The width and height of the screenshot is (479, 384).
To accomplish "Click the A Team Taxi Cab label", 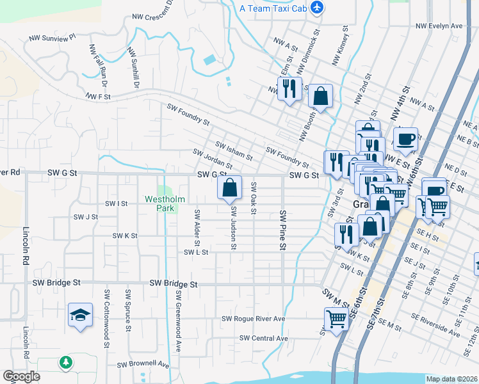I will pyautogui.click(x=273, y=8).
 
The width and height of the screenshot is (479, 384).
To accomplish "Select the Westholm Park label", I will pyautogui.click(x=165, y=204).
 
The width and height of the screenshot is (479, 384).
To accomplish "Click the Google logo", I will pyautogui.click(x=21, y=376).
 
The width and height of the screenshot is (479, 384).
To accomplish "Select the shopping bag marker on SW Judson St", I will pyautogui.click(x=229, y=188).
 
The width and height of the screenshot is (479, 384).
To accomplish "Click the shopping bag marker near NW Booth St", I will pyautogui.click(x=321, y=97).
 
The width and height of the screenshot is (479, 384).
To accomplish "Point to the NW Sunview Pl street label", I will pyautogui.click(x=53, y=38).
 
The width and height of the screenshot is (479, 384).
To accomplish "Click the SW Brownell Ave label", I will pyautogui.click(x=143, y=365).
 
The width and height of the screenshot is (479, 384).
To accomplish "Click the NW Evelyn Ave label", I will pyautogui.click(x=439, y=26).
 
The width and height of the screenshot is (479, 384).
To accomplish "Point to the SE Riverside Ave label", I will pyautogui.click(x=437, y=326).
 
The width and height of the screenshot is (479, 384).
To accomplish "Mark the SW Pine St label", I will pyautogui.click(x=282, y=228).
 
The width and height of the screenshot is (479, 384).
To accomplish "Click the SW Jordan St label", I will pyautogui.click(x=213, y=159).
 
